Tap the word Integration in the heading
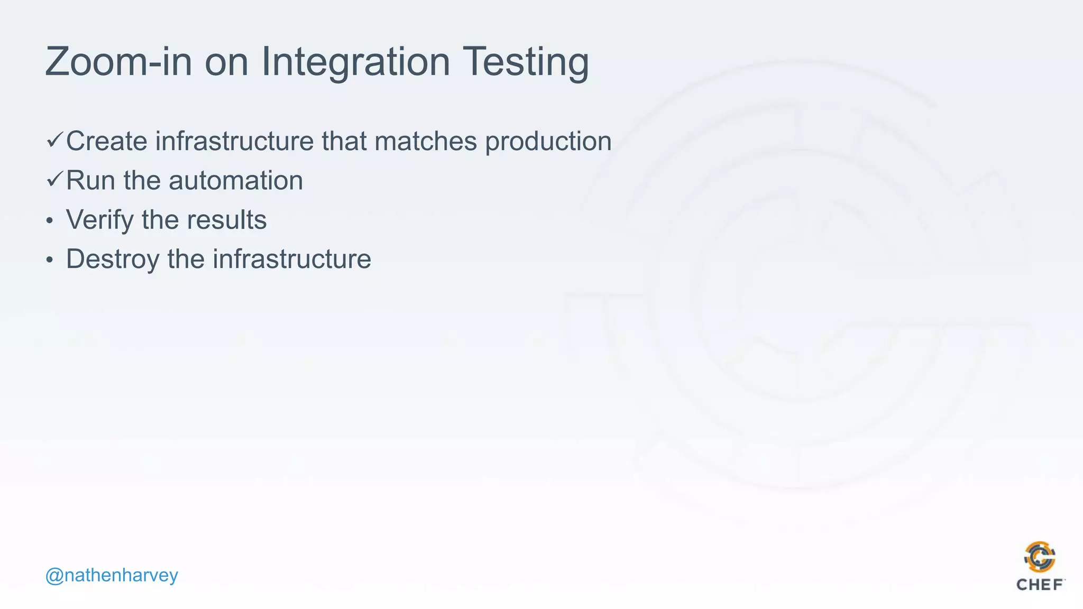click(x=355, y=62)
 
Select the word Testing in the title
click(x=525, y=62)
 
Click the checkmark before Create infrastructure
click(x=54, y=140)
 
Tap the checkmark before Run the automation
click(x=54, y=180)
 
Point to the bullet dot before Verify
click(x=50, y=220)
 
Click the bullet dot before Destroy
click(x=50, y=260)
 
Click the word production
click(x=548, y=141)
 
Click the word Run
click(x=90, y=180)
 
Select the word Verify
click(x=99, y=220)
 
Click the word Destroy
click(x=113, y=259)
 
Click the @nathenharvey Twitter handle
click(x=112, y=575)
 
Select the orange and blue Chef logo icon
click(x=1039, y=557)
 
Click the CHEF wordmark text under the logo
click(x=1040, y=585)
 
